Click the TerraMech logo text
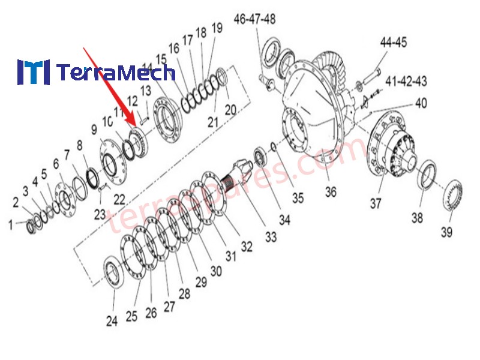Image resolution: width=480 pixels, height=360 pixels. pyautogui.click(x=116, y=73)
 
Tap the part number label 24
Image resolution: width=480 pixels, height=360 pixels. pyautogui.click(x=112, y=321)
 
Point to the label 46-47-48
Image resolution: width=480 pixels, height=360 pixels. pyautogui.click(x=254, y=19)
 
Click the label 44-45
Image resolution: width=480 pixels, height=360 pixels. pyautogui.click(x=393, y=42)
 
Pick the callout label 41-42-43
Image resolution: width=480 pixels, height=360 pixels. pyautogui.click(x=406, y=80)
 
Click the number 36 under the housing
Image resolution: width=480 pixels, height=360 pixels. pyautogui.click(x=331, y=193)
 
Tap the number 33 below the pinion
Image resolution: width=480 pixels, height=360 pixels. pyautogui.click(x=271, y=238)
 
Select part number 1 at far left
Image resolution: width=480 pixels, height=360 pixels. pyautogui.click(x=10, y=225)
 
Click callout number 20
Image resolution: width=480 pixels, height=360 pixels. pyautogui.click(x=231, y=110)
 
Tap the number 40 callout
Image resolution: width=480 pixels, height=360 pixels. pyautogui.click(x=421, y=103)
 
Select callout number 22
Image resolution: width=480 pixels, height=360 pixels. pyautogui.click(x=119, y=199)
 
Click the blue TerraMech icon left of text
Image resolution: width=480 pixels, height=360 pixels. pyautogui.click(x=33, y=72)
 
